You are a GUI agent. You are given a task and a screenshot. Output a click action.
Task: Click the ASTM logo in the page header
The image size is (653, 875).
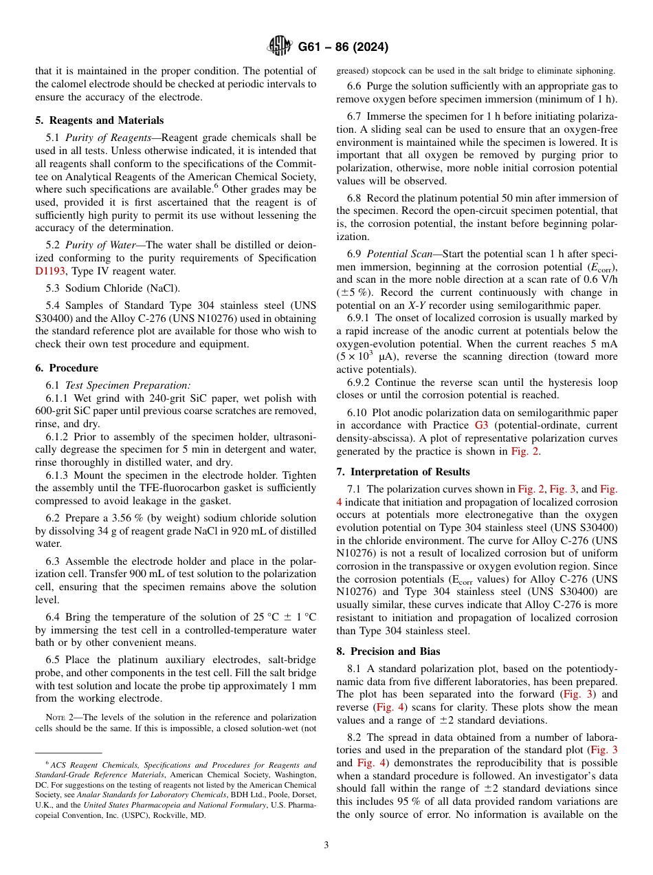(x=280, y=47)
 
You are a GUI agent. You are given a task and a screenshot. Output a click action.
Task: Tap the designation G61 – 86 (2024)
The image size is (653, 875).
(x=343, y=47)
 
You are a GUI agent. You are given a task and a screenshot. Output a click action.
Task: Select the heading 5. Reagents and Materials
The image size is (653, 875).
(x=100, y=120)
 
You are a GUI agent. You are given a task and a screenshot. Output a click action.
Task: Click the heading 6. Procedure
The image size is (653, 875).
(x=67, y=368)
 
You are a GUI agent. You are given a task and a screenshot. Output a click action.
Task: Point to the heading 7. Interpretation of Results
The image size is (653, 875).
(x=403, y=472)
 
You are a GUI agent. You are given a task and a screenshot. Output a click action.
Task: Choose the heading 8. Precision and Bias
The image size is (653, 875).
(x=388, y=651)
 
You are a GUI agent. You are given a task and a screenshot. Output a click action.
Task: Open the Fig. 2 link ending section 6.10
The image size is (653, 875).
(x=524, y=452)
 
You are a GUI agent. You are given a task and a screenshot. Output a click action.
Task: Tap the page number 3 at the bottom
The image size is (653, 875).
(x=326, y=845)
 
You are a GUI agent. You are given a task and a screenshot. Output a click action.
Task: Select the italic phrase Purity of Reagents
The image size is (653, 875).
(x=109, y=138)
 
